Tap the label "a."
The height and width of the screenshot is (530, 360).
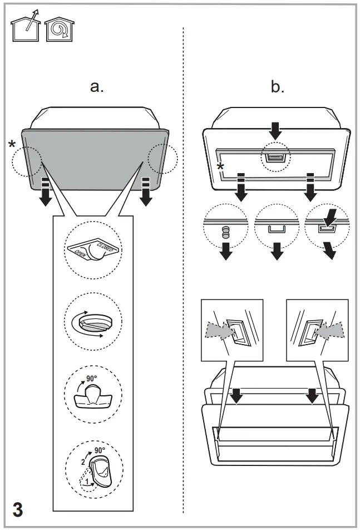97,86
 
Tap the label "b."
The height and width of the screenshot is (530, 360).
277,86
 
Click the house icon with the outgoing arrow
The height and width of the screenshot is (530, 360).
25,27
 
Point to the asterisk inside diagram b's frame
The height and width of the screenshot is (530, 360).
220,168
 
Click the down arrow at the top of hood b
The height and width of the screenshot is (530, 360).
276,130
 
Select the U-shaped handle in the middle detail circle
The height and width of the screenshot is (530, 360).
276,230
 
